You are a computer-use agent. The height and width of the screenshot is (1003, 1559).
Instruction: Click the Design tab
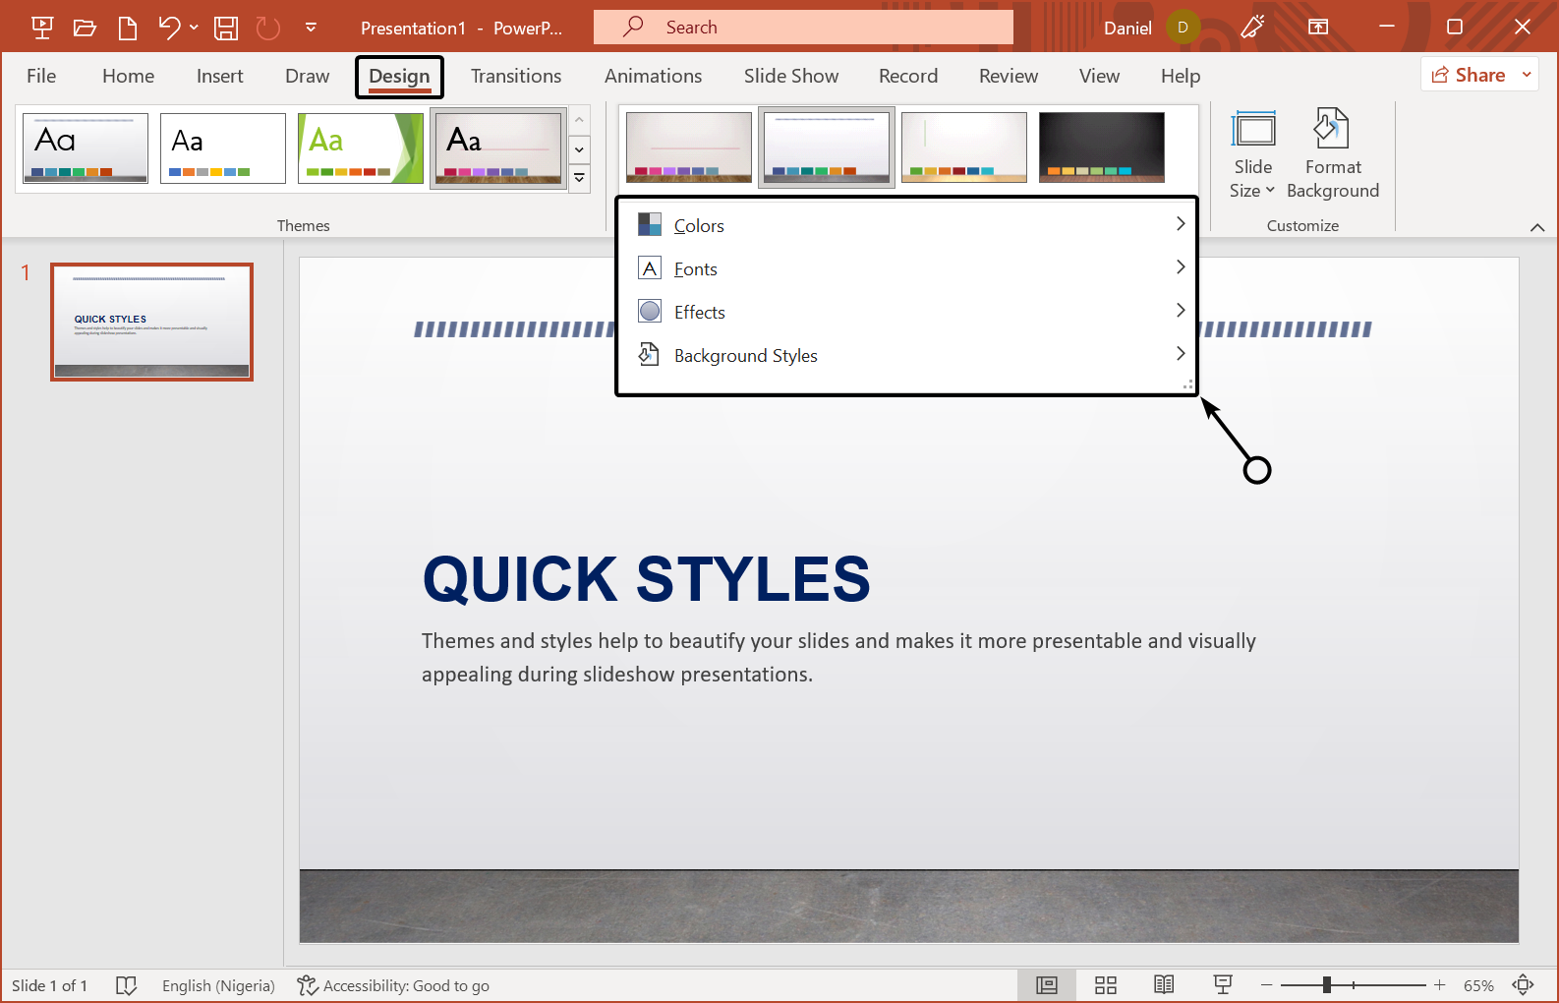tap(399, 77)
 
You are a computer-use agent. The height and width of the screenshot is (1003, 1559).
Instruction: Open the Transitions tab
tap(516, 77)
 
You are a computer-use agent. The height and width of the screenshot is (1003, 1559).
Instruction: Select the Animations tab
tap(653, 77)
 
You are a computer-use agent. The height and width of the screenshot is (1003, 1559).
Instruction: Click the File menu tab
tap(41, 77)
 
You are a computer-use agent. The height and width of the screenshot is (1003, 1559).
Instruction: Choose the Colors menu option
tap(699, 226)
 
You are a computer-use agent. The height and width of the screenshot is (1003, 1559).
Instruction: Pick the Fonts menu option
tap(696, 269)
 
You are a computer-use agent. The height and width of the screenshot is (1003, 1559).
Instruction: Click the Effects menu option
tap(700, 313)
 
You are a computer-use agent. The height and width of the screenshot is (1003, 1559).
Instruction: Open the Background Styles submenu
tap(745, 356)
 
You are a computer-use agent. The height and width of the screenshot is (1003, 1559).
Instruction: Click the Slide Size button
tap(1252, 153)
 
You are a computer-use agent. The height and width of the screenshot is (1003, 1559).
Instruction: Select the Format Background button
tap(1332, 153)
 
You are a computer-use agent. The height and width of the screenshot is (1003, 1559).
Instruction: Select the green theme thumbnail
tap(361, 148)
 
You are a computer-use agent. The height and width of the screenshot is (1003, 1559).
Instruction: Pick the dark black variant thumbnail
tap(1101, 147)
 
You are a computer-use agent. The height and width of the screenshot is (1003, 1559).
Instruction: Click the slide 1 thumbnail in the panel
tap(152, 322)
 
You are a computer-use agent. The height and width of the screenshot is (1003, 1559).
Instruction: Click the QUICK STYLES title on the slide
tap(646, 579)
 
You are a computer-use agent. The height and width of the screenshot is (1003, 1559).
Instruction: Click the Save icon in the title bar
tap(226, 28)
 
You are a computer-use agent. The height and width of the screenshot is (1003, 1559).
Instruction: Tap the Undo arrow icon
tap(169, 28)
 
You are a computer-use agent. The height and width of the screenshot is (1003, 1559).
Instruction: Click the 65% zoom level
tap(1477, 985)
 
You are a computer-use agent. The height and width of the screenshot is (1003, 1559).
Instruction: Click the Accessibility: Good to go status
tap(393, 985)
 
